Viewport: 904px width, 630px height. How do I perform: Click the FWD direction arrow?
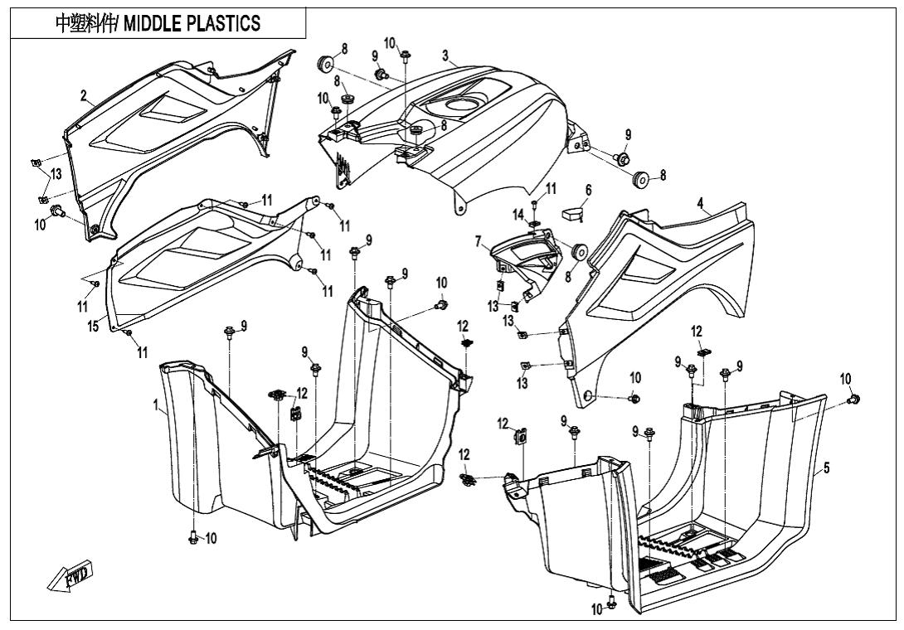(70, 575)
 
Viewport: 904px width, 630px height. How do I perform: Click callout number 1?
(155, 405)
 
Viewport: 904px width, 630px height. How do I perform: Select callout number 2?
(83, 96)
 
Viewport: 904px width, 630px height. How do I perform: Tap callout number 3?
(445, 56)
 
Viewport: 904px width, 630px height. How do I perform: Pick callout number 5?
(827, 469)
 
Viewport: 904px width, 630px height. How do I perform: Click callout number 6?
(588, 190)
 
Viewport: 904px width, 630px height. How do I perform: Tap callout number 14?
(518, 215)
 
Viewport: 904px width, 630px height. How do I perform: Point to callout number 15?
(95, 327)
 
